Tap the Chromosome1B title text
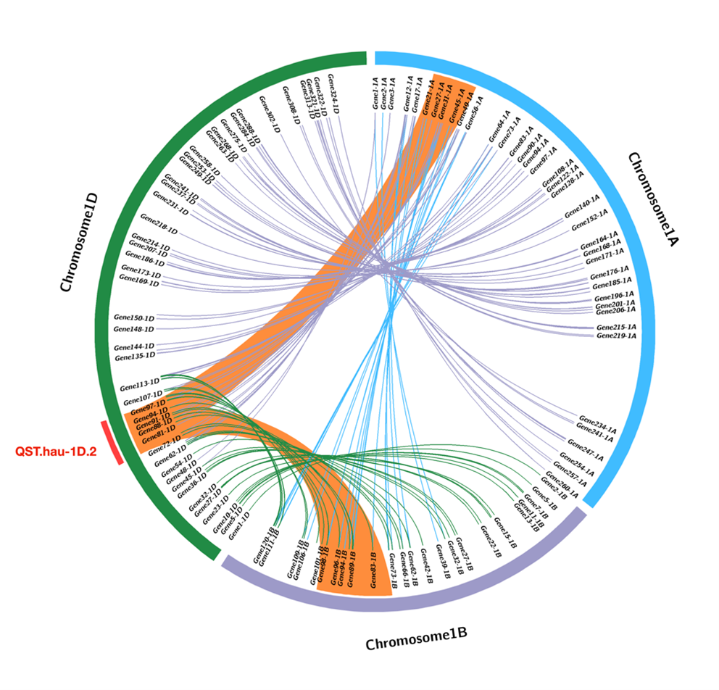416,638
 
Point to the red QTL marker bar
114,443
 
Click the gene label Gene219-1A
616,336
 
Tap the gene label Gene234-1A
597,427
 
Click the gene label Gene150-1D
134,317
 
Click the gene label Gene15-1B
505,532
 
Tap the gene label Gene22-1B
490,541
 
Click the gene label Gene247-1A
581,450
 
